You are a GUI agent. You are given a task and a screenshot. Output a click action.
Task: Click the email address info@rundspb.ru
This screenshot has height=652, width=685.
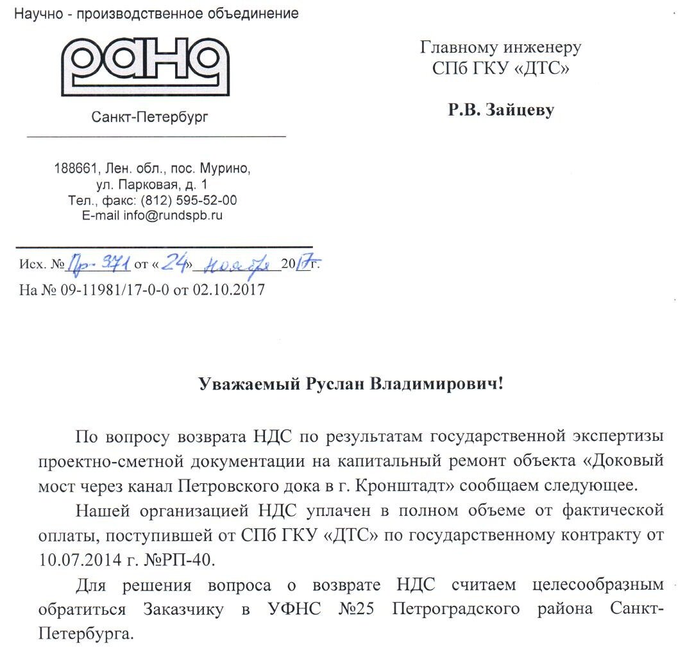click(x=173, y=216)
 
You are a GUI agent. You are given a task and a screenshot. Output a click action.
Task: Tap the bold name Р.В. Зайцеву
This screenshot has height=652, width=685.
click(x=501, y=110)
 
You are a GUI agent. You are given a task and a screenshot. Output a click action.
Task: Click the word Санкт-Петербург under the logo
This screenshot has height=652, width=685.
click(x=150, y=117)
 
